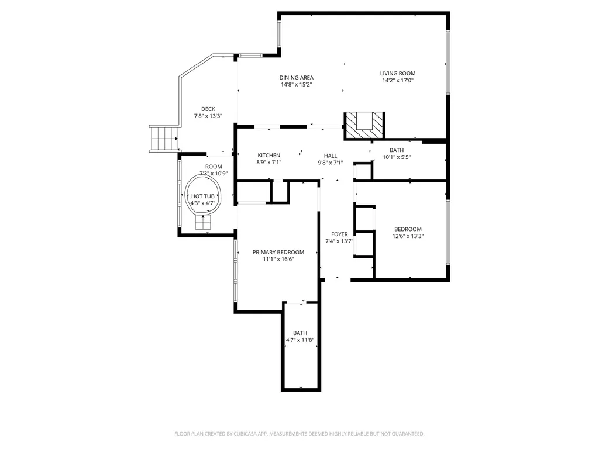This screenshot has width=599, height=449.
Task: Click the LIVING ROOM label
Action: [398, 74]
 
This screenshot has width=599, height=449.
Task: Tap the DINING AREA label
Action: [296, 77]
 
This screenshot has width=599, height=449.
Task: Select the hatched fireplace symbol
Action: [365, 125]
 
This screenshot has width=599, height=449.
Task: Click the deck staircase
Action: [163, 139]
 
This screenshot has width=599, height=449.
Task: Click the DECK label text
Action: [208, 109]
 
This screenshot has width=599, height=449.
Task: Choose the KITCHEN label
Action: [269, 156]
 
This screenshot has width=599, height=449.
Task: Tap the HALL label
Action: [331, 156]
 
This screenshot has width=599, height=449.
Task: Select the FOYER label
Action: [339, 234]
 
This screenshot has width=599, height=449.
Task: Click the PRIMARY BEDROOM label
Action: [278, 253]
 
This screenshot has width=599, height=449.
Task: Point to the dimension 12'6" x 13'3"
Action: [408, 237]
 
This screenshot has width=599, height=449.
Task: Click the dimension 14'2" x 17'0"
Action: [398, 81]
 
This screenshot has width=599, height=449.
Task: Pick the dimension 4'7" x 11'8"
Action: [300, 340]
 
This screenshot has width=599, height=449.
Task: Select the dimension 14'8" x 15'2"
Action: [296, 85]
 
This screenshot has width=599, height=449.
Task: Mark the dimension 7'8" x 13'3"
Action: [208, 116]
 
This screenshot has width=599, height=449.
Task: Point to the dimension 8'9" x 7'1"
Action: [269, 163]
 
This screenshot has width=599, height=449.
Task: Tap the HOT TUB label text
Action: [203, 196]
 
